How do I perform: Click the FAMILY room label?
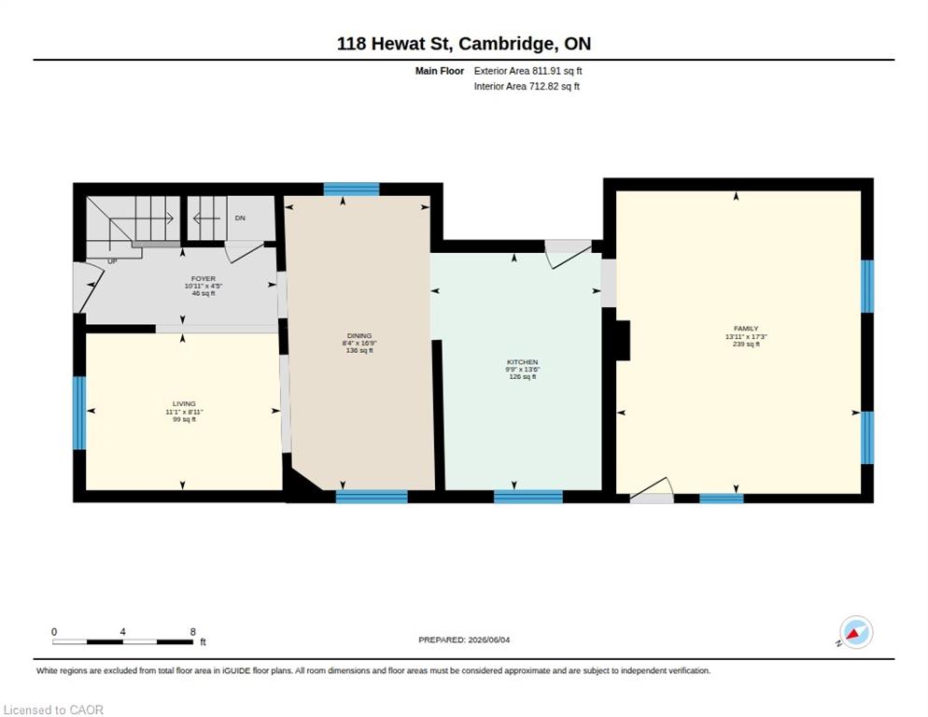pyautogui.click(x=746, y=329)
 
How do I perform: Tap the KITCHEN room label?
pyautogui.click(x=523, y=361)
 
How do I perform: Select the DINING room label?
pyautogui.click(x=359, y=336)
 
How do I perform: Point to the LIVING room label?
pyautogui.click(x=184, y=404)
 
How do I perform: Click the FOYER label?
pyautogui.click(x=203, y=278)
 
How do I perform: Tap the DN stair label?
pyautogui.click(x=240, y=218)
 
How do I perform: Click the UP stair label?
pyautogui.click(x=112, y=261)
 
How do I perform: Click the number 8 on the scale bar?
pyautogui.click(x=193, y=632)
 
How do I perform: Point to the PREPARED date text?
pyautogui.click(x=464, y=640)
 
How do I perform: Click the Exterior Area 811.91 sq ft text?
pyautogui.click(x=527, y=71)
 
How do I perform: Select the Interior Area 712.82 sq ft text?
pyautogui.click(x=527, y=87)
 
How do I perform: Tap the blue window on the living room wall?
pyautogui.click(x=79, y=413)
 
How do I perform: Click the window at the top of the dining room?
pyautogui.click(x=352, y=190)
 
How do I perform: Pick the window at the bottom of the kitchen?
pyautogui.click(x=527, y=497)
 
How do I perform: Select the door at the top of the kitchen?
pyautogui.click(x=569, y=253)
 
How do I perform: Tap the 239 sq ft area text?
pyautogui.click(x=746, y=344)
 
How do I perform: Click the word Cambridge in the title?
pyautogui.click(x=507, y=45)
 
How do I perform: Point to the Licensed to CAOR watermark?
pyautogui.click(x=53, y=710)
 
